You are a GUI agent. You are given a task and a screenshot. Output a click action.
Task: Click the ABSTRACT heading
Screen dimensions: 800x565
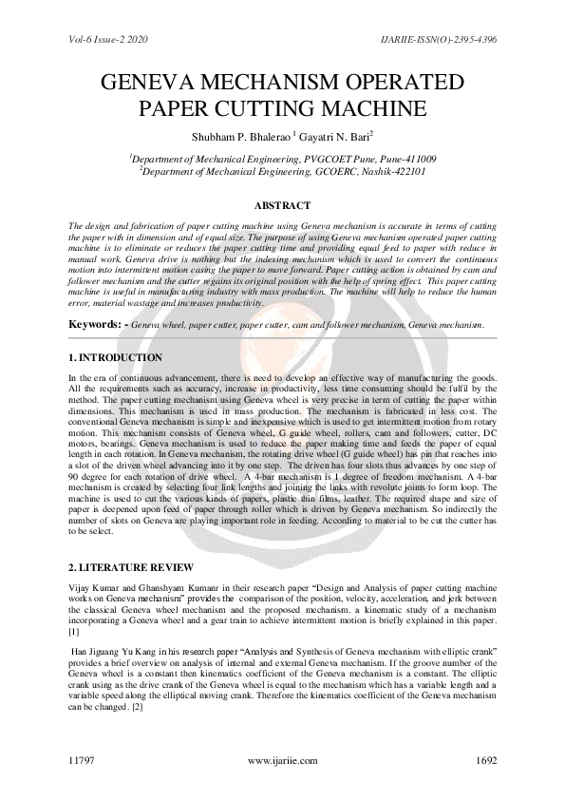point(282,205)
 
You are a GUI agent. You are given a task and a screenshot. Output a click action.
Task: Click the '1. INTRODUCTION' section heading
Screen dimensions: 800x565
point(116,357)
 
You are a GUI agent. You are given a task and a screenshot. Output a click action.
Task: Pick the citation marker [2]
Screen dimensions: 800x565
point(137,707)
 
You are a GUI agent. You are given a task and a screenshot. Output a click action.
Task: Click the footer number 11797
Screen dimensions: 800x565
point(85,762)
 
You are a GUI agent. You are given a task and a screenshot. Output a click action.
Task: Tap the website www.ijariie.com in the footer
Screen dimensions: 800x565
point(282,762)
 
